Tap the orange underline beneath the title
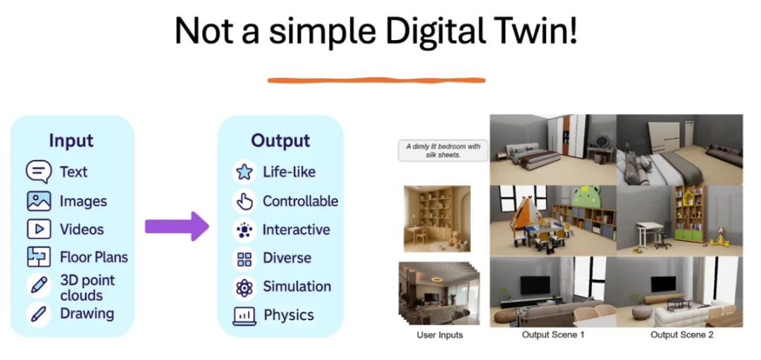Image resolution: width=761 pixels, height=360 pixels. pyautogui.click(x=376, y=80)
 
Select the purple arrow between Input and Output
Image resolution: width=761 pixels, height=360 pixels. pyautogui.click(x=177, y=226)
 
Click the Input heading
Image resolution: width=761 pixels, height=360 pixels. pyautogui.click(x=71, y=141)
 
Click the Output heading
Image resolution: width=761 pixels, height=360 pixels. pyautogui.click(x=280, y=140)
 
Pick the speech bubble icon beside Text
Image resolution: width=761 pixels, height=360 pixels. pyautogui.click(x=39, y=172)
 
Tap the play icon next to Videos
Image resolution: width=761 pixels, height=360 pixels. pyautogui.click(x=39, y=229)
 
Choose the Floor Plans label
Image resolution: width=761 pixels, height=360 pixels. pyautogui.click(x=94, y=257)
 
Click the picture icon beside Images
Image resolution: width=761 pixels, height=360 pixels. pyautogui.click(x=39, y=201)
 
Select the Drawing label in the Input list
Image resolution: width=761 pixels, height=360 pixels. pyautogui.click(x=87, y=314)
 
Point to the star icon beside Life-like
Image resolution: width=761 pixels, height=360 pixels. pyautogui.click(x=244, y=172)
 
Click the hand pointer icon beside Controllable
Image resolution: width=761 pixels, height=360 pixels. pyautogui.click(x=244, y=201)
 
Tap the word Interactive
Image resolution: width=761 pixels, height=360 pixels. pyautogui.click(x=296, y=230)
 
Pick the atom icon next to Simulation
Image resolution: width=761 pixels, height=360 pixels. pyautogui.click(x=244, y=287)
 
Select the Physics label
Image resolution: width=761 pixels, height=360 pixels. pyautogui.click(x=289, y=316)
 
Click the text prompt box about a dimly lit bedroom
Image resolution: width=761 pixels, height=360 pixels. pyautogui.click(x=443, y=150)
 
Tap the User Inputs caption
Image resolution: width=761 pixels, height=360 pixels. pyautogui.click(x=440, y=335)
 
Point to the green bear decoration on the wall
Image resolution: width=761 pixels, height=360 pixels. pyautogui.click(x=588, y=199)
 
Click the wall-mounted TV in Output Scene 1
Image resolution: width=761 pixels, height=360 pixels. pyautogui.click(x=535, y=285)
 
